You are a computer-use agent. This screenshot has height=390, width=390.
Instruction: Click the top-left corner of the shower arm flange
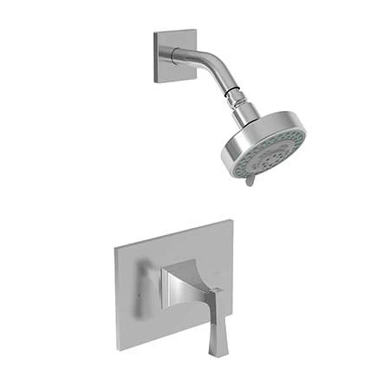(155, 34)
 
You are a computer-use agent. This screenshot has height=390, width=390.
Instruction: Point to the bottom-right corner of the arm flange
(196, 79)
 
